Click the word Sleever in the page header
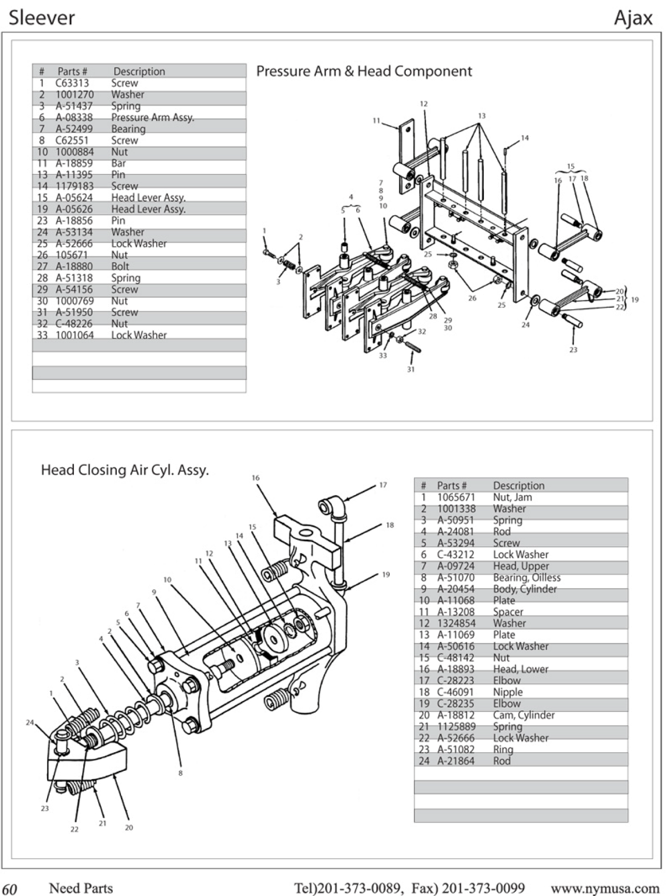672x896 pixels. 42,18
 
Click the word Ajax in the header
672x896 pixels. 633,18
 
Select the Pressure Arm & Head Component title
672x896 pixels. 364,71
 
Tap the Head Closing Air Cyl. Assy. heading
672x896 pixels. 125,470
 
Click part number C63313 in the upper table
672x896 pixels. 72,83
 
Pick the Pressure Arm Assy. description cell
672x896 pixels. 152,117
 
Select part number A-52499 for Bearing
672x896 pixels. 74,129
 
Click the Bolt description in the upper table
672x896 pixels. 120,266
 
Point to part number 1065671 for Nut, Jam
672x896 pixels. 456,497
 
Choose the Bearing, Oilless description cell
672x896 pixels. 526,577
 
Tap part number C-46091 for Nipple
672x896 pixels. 455,692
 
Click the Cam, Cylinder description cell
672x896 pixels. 523,715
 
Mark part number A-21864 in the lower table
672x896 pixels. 455,760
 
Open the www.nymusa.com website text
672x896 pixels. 605,888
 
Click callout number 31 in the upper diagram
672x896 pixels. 410,369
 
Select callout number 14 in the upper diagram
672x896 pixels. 525,138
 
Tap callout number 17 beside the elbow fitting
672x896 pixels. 383,485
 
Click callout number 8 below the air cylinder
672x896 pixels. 180,773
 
